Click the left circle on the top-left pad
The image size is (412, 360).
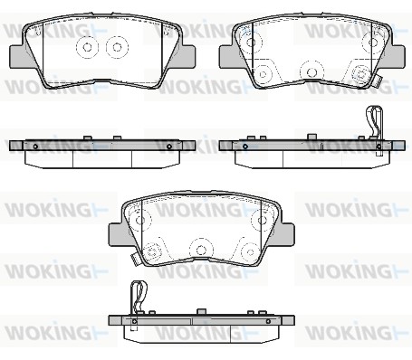(x=87, y=47)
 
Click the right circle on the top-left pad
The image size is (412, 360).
(x=117, y=47)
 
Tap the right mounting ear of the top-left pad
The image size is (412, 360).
(x=187, y=56)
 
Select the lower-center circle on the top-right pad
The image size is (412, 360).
(x=311, y=72)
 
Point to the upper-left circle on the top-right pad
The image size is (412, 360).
(x=251, y=42)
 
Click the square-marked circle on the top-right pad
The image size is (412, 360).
(x=361, y=73)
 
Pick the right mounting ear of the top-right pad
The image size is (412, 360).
(x=397, y=56)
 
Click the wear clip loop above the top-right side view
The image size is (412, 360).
(x=374, y=120)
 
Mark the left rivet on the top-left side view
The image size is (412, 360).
(x=35, y=147)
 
